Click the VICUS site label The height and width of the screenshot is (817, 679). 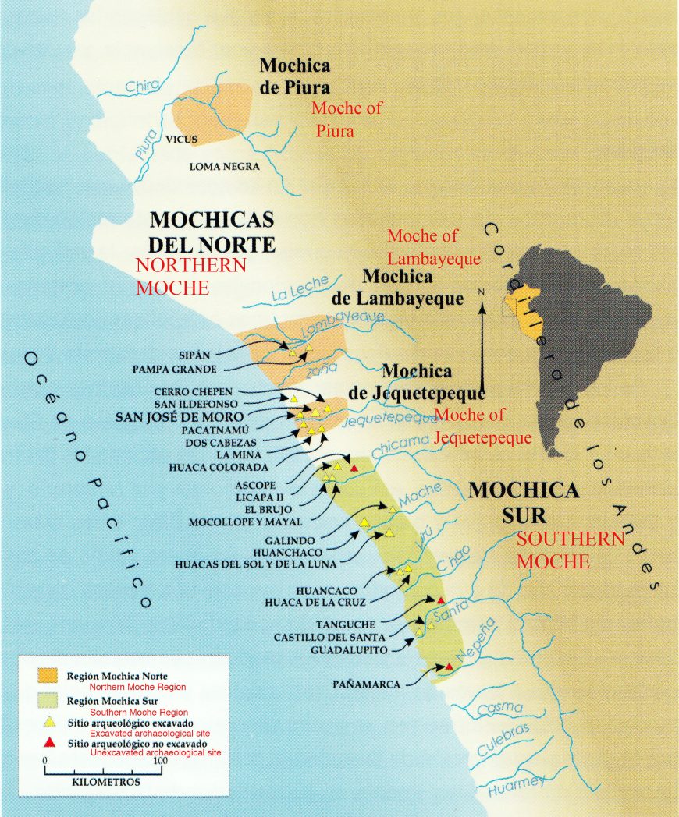pyautogui.click(x=181, y=141)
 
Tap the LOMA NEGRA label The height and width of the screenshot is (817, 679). pyautogui.click(x=225, y=166)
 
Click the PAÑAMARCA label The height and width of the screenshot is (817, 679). pyautogui.click(x=366, y=684)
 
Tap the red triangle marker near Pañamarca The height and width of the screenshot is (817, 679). pyautogui.click(x=449, y=667)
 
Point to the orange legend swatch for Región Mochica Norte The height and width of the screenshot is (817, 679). pyautogui.click(x=48, y=674)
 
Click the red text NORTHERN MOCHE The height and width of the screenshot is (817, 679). pyautogui.click(x=191, y=277)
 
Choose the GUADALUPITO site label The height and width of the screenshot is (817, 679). pyautogui.click(x=350, y=649)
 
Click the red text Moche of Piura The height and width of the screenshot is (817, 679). pyautogui.click(x=343, y=119)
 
